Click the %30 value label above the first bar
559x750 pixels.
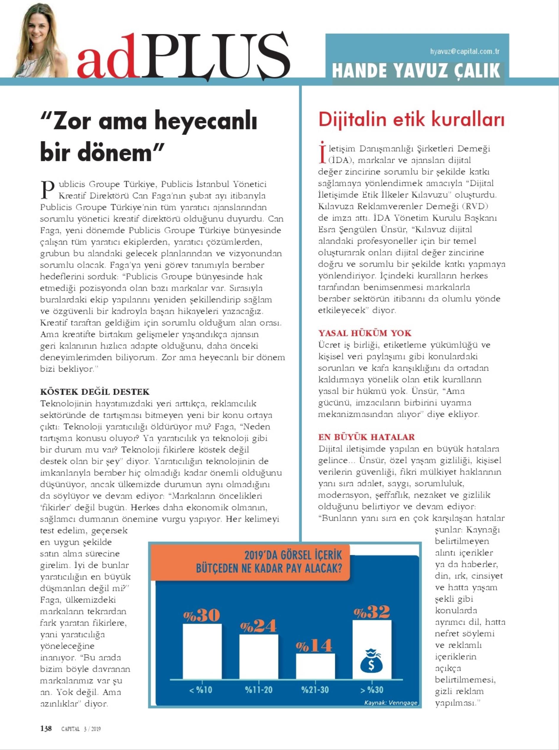[202, 615]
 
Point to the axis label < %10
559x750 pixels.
[201, 690]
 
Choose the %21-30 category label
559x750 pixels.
[315, 690]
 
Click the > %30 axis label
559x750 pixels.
[372, 690]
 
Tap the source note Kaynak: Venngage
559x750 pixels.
[391, 703]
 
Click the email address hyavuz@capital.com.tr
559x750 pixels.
[464, 52]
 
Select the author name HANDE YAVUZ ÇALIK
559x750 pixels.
[416, 70]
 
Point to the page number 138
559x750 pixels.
[46, 728]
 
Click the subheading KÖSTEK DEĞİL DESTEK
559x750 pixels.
[95, 392]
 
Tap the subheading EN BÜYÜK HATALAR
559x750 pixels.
[366, 437]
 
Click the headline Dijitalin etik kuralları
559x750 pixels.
[412, 120]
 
